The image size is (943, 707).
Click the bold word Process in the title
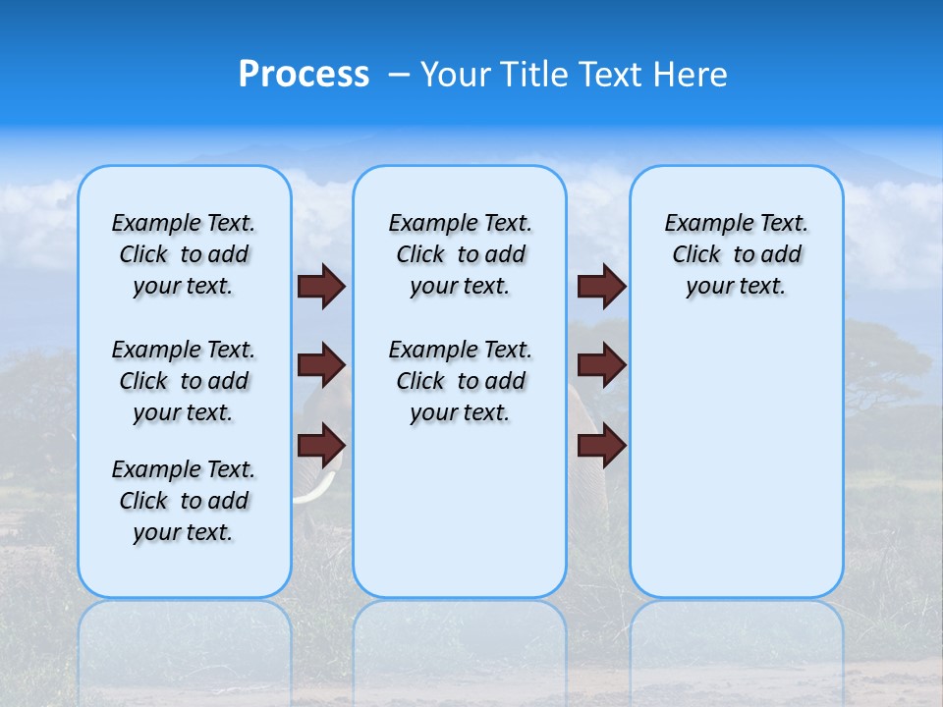click(x=304, y=75)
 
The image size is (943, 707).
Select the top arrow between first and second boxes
click(x=321, y=286)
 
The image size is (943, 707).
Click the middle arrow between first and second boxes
click(x=321, y=365)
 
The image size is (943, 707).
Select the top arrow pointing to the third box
click(x=601, y=286)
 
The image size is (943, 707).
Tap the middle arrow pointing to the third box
click(x=601, y=365)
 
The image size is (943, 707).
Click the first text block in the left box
click(x=184, y=254)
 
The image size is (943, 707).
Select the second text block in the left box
click(x=184, y=381)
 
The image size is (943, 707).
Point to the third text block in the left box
click(x=184, y=501)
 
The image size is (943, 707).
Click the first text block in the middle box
click(x=460, y=254)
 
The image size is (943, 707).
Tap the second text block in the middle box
click(x=460, y=381)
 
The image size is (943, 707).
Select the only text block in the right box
click(x=736, y=254)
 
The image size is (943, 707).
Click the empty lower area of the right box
click(x=736, y=471)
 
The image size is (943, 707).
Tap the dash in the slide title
click(x=399, y=76)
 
